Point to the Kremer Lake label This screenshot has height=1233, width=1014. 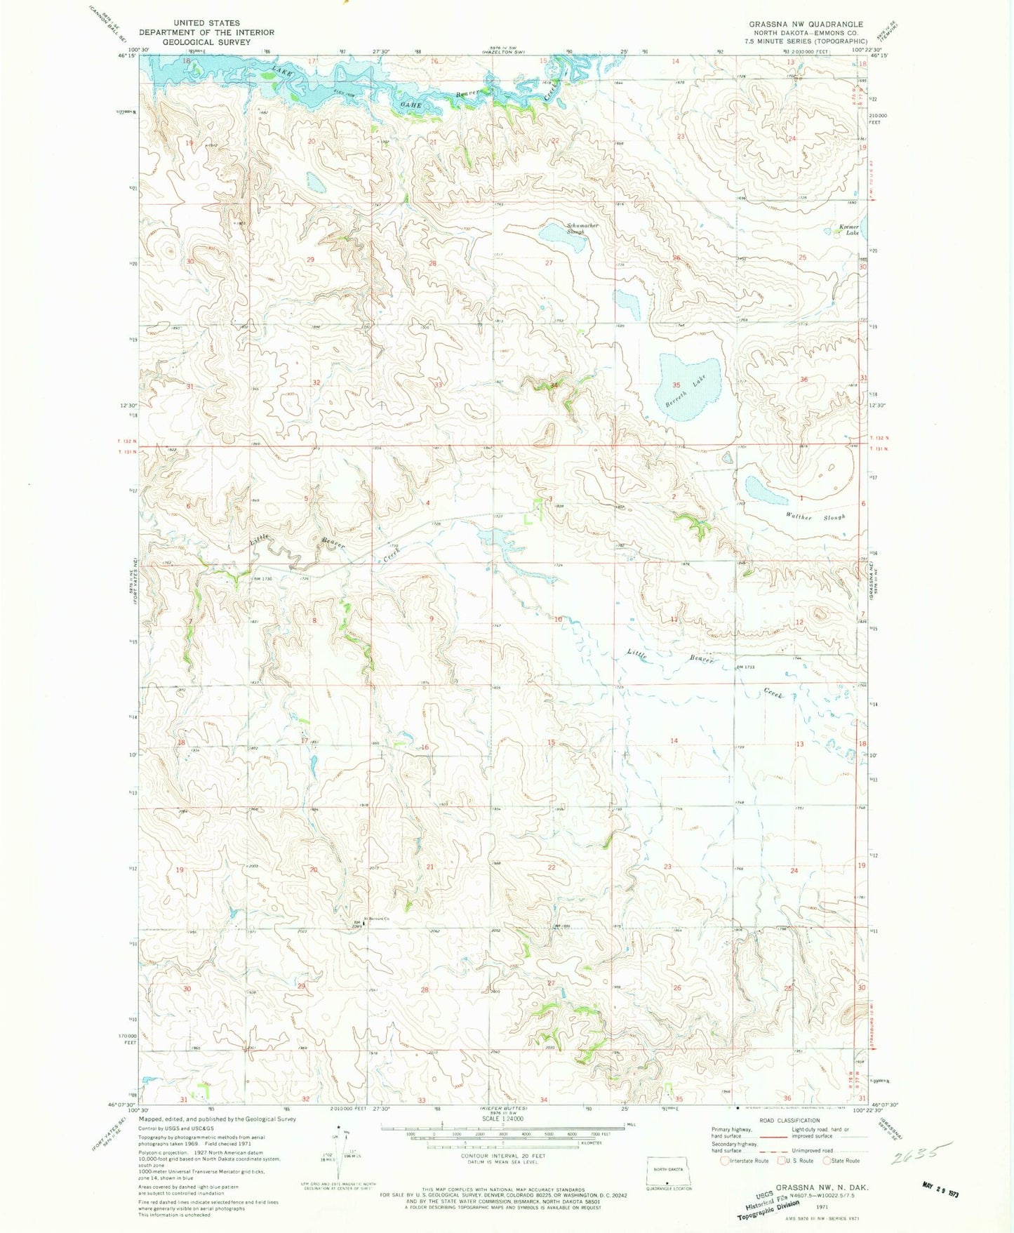[x=849, y=229]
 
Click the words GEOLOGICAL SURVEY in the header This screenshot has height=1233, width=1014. [x=206, y=42]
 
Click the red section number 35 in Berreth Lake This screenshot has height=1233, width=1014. [x=676, y=385]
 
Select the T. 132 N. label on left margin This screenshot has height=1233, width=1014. [x=127, y=441]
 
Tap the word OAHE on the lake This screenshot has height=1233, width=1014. [x=411, y=105]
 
